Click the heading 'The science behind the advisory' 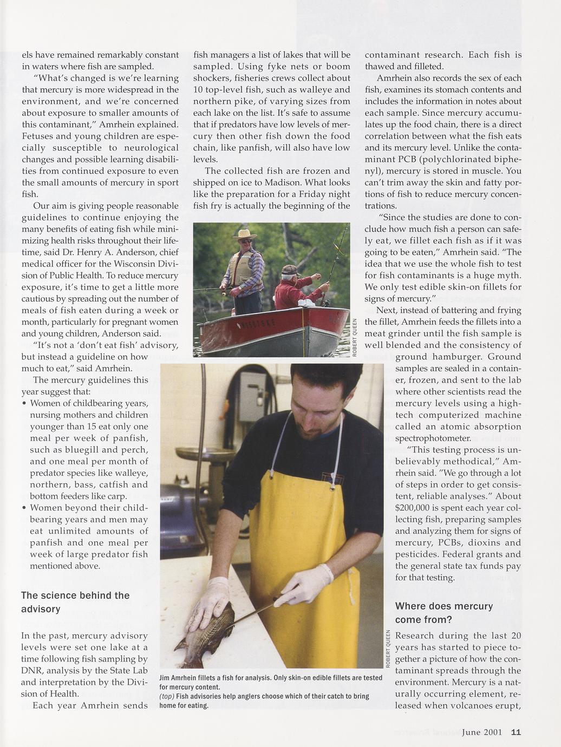(75, 602)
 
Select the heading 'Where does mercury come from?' (444, 613)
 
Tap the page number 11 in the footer (516, 732)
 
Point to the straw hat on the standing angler (244, 234)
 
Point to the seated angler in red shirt (295, 287)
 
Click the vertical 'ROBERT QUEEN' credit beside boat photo (354, 337)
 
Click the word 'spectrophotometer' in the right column (433, 438)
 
